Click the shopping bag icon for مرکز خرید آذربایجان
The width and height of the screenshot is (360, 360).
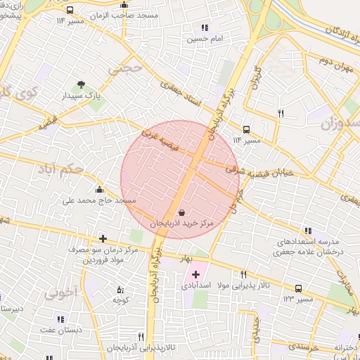(x=182, y=212)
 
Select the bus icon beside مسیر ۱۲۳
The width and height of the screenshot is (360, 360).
(x=299, y=288)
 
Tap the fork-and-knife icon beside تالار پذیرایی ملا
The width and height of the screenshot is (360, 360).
(x=243, y=275)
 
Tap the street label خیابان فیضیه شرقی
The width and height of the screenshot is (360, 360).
(x=264, y=170)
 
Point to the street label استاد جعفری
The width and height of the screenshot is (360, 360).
(x=181, y=95)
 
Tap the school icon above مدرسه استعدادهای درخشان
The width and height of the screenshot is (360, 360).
(x=307, y=231)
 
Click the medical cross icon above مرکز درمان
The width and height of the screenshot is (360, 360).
(x=103, y=238)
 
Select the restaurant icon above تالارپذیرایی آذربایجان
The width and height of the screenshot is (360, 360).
(x=141, y=337)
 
